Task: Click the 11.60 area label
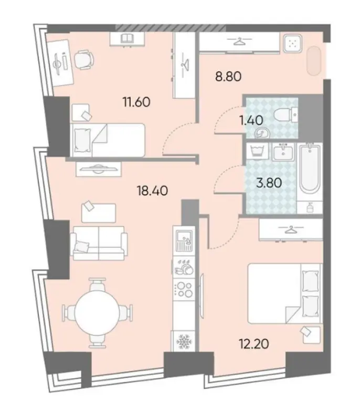(x=136, y=102)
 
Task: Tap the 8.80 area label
(x=228, y=76)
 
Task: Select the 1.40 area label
(x=251, y=120)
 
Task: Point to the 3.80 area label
(x=269, y=183)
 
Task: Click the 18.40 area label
(x=153, y=190)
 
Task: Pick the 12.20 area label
(x=254, y=344)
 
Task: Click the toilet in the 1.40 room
(x=286, y=114)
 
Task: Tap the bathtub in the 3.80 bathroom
(x=310, y=168)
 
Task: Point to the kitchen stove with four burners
(x=184, y=290)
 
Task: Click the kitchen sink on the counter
(x=184, y=240)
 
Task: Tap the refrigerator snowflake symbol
(x=184, y=341)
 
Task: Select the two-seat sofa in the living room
(x=99, y=243)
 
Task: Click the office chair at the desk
(x=84, y=60)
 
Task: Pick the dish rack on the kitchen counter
(x=184, y=267)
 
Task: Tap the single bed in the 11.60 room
(x=108, y=140)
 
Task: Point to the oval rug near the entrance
(x=314, y=61)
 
